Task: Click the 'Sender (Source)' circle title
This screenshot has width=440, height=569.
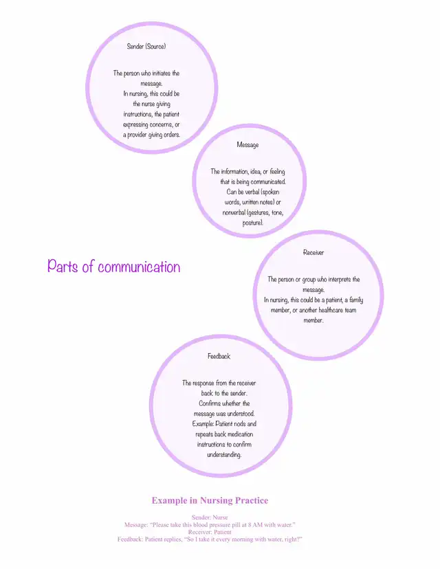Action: (146, 46)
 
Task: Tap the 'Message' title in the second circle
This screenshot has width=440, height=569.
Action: (247, 145)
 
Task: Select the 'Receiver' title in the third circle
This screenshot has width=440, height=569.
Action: (313, 252)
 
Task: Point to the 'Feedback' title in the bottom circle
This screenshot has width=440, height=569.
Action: (219, 356)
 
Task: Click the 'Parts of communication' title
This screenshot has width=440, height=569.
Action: (113, 267)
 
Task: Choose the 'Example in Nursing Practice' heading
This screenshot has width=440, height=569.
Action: (210, 500)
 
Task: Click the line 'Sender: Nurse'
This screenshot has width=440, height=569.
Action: (210, 517)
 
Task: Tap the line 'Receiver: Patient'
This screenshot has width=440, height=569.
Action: (210, 532)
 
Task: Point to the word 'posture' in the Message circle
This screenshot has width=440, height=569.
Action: (252, 223)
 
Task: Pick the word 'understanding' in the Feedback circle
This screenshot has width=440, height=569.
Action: (224, 455)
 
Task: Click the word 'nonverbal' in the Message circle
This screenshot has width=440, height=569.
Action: (234, 212)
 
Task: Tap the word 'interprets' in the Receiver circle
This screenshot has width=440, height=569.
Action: (340, 280)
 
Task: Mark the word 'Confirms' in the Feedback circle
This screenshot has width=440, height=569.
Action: (210, 403)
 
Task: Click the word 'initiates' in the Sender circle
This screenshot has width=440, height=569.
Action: (161, 74)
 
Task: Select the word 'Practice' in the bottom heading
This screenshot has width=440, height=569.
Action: (251, 500)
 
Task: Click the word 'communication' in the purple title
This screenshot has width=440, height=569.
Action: (139, 267)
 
